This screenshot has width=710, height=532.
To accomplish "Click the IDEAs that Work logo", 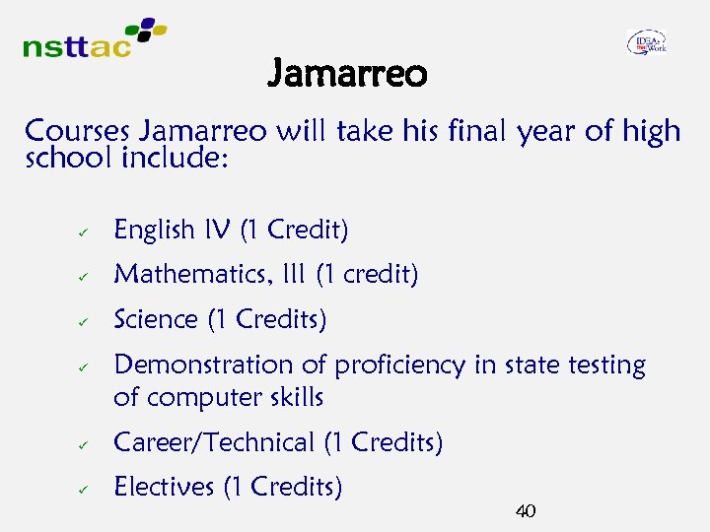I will click(646, 41).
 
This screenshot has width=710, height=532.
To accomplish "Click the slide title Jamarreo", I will click(347, 73).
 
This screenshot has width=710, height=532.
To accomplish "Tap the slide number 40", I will click(526, 510).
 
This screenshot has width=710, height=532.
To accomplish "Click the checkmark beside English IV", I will click(86, 232).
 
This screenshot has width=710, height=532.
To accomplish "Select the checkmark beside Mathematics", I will click(86, 277).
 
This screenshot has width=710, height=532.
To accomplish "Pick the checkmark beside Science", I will click(86, 321).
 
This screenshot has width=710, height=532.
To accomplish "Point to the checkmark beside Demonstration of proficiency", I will click(86, 366).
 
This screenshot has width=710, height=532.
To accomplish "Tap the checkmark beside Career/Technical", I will click(86, 445).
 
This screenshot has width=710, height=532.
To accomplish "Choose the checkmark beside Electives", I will click(86, 489).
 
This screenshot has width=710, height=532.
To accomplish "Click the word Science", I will click(156, 319).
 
